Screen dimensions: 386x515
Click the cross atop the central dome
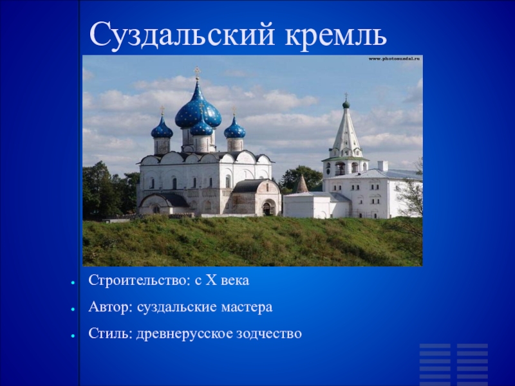pyautogui.click(x=198, y=72)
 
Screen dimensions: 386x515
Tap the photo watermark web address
pyautogui.click(x=394, y=59)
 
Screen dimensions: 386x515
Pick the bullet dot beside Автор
pyautogui.click(x=74, y=309)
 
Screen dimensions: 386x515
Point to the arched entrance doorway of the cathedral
pyautogui.click(x=267, y=208)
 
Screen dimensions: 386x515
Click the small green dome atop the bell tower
pyautogui.click(x=346, y=104)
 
